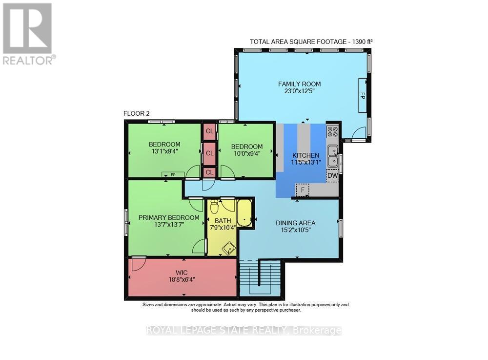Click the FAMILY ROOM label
tap(300, 84)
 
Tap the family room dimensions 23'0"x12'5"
tap(300, 91)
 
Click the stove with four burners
tap(332, 131)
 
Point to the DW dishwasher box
tap(332, 175)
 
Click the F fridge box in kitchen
tap(303, 190)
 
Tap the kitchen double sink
tap(333, 155)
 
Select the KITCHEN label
tap(305, 155)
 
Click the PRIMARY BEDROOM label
tap(169, 217)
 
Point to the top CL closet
tap(209, 131)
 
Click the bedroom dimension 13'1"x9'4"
tap(164, 152)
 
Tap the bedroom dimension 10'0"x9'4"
tap(246, 153)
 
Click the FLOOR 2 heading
tap(136, 113)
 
